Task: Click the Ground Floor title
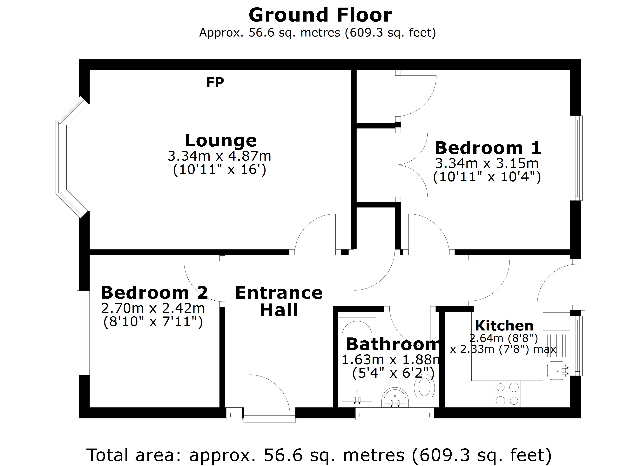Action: [320, 15]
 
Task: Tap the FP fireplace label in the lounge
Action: [215, 83]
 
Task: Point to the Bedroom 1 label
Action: [488, 148]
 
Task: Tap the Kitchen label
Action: [504, 326]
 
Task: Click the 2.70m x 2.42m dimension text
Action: [153, 308]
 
